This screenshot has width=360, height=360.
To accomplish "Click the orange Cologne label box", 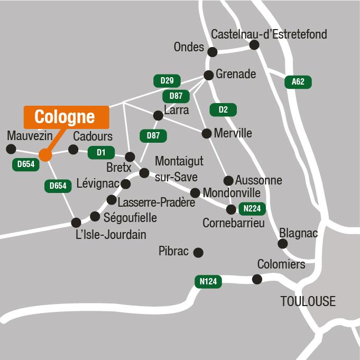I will (67, 117).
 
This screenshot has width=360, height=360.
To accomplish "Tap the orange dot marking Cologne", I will (45, 155).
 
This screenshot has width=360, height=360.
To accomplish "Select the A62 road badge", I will (298, 82).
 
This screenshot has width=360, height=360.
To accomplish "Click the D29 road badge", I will (167, 81).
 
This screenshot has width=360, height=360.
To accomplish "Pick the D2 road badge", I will (223, 110).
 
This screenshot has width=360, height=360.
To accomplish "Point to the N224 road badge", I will (252, 209).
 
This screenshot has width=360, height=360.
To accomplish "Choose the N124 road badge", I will (208, 282).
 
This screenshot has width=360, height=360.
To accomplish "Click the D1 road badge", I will (101, 152).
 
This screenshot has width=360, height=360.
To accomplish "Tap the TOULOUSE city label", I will (308, 301).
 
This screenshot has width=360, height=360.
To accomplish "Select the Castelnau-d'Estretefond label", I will (269, 35).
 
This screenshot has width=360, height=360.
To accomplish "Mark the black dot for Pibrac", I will (198, 253).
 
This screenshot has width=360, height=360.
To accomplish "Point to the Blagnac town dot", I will (283, 244).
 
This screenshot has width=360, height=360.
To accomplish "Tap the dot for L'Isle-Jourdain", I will (77, 223).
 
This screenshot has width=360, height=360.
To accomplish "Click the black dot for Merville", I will (207, 133).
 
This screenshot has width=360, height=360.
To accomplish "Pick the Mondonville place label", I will (232, 191).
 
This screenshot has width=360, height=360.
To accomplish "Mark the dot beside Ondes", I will (213, 52).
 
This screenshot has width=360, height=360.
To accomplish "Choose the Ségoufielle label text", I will (131, 217).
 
